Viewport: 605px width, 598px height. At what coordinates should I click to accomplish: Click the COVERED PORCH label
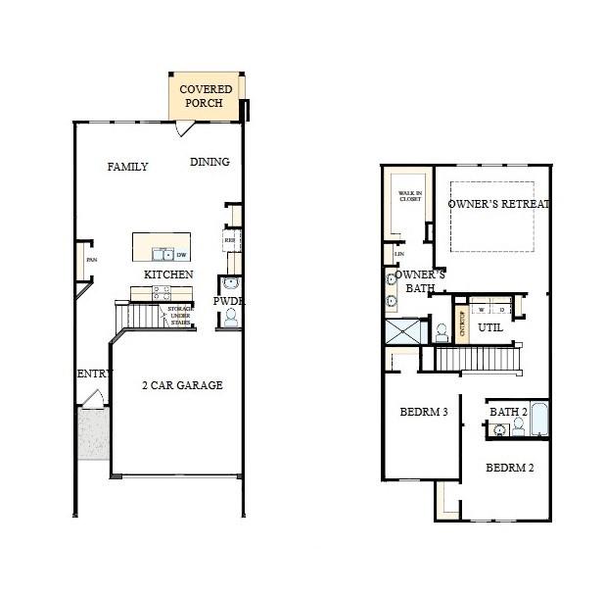(206, 96)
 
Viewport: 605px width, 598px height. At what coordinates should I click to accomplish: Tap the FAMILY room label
(127, 167)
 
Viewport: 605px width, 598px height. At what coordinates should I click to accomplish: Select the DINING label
(209, 162)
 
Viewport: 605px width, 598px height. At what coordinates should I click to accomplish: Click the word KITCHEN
(168, 274)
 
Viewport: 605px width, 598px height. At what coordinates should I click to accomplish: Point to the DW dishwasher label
(181, 255)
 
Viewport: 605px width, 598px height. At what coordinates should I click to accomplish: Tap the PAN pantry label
(91, 260)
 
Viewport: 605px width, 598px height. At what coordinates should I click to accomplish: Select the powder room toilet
(231, 317)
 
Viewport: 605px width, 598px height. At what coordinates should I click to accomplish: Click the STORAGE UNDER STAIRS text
(180, 314)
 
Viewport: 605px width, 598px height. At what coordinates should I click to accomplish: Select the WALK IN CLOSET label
(409, 196)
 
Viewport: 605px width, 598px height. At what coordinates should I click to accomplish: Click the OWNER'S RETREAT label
(499, 204)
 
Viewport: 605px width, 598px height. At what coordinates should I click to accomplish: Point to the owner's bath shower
(404, 331)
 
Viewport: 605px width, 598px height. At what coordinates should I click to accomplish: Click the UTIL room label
(489, 327)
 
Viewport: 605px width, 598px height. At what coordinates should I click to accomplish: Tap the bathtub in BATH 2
(539, 421)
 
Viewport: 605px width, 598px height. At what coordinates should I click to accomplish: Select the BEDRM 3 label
(424, 412)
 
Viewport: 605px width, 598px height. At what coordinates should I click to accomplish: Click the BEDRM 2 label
(509, 468)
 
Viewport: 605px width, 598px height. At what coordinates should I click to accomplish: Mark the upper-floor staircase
(478, 359)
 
